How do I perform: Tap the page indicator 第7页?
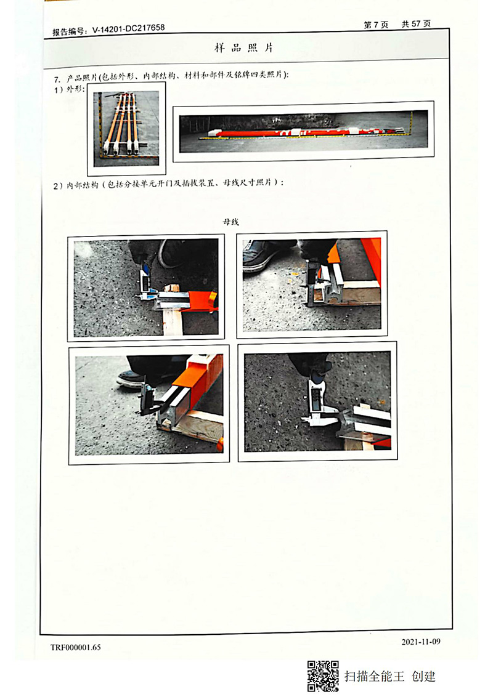click(376, 25)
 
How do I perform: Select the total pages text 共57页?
click(416, 23)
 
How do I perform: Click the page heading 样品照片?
click(244, 47)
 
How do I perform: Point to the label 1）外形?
click(69, 89)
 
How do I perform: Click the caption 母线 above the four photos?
click(231, 222)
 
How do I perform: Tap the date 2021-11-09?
click(421, 642)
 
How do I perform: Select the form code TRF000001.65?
click(76, 647)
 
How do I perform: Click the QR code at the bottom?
click(323, 676)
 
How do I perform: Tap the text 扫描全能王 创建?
click(389, 677)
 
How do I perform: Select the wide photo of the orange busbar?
click(303, 131)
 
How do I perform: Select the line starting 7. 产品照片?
click(171, 78)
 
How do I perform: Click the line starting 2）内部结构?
click(169, 184)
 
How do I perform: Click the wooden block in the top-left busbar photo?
click(173, 320)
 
